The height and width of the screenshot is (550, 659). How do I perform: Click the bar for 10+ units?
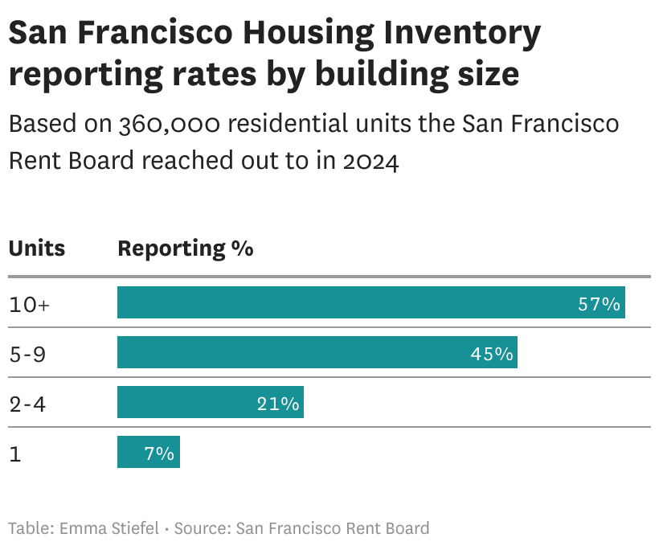tap(370, 303)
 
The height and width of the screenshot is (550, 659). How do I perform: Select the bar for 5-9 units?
tap(317, 353)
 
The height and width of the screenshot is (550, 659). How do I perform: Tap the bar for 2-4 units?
tap(210, 403)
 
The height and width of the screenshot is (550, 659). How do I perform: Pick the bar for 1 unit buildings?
tap(148, 453)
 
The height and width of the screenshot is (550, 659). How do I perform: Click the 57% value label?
tap(599, 304)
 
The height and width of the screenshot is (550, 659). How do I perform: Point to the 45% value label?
tap(492, 354)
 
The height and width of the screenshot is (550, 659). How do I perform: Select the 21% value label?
tap(278, 404)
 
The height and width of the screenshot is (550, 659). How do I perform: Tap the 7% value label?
tap(159, 454)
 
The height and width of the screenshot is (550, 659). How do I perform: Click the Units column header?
tap(37, 248)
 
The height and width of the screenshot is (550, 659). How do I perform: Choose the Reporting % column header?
tap(186, 248)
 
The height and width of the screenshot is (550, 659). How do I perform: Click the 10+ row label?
tap(29, 305)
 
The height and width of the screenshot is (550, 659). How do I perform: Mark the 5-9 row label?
tap(27, 355)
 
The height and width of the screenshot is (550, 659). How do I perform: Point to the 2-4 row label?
tap(27, 404)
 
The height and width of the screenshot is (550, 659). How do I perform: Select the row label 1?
tap(14, 454)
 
